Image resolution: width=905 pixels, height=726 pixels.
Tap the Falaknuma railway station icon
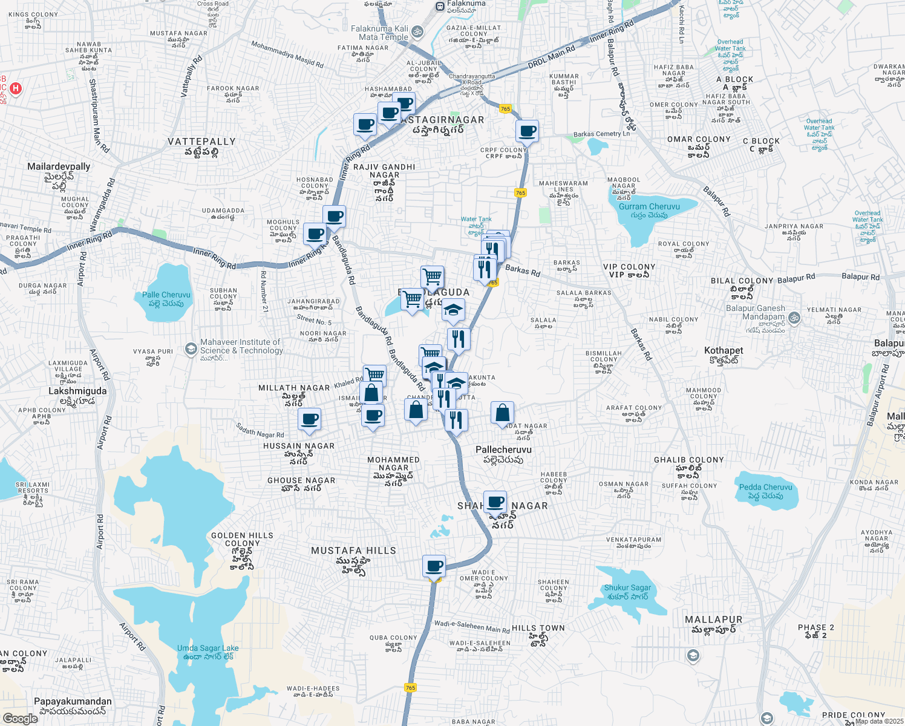point(440,6)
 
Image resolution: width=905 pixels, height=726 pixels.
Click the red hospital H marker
point(16,88)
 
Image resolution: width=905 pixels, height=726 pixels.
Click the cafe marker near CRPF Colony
point(527,131)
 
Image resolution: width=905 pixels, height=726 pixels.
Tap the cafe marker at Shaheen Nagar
point(495,502)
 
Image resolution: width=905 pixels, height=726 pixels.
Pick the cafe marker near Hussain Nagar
point(309,419)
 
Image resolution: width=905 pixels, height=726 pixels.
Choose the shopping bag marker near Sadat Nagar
point(502,413)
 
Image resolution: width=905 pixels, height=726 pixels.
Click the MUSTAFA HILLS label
point(353,551)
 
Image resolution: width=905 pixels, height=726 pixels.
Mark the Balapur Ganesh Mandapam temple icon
point(794,317)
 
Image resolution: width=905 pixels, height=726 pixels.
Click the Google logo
point(20,718)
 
